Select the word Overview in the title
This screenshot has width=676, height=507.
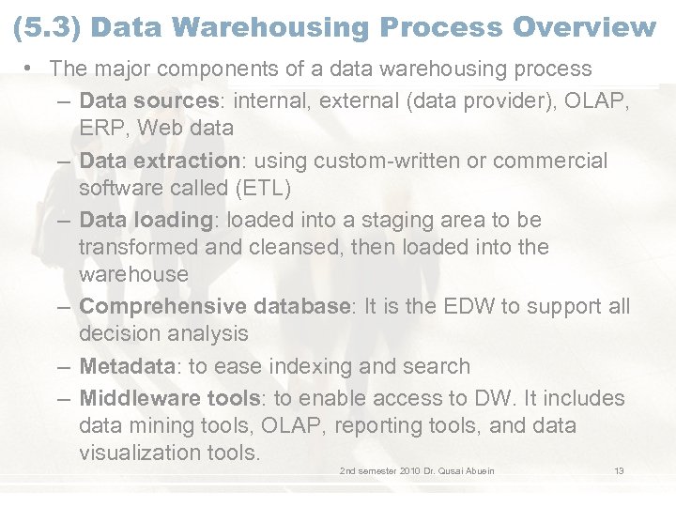click(x=585, y=27)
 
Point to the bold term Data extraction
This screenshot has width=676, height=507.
click(x=160, y=161)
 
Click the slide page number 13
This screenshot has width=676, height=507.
click(x=619, y=469)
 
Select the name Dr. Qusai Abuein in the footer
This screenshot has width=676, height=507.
click(x=460, y=469)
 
